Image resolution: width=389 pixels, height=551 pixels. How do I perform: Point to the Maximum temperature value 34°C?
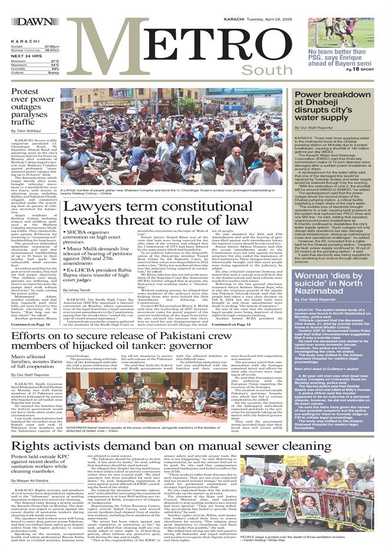54,64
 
